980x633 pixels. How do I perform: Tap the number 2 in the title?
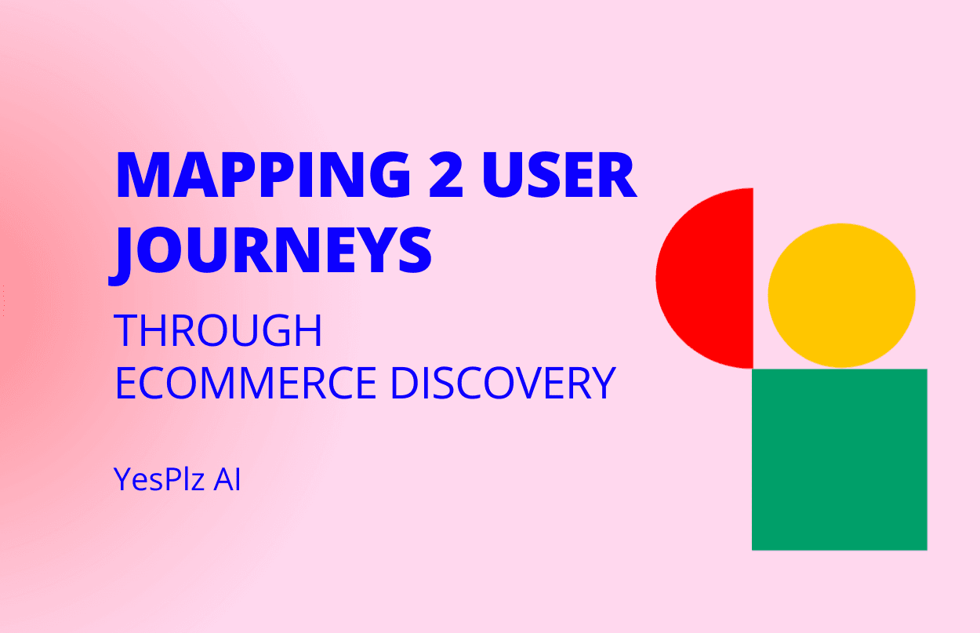tap(446, 175)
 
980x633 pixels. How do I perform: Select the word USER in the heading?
tap(559, 175)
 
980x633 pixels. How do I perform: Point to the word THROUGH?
tap(218, 331)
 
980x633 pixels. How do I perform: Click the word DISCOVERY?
tap(503, 383)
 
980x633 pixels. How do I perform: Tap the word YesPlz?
tap(159, 479)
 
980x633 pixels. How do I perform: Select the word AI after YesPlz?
tap(227, 479)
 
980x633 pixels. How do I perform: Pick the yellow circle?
tap(842, 296)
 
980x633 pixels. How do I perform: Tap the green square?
tap(840, 460)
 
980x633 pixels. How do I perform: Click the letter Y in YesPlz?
tap(124, 479)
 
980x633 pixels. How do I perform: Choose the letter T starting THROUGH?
tap(126, 331)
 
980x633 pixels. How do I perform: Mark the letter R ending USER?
tap(619, 175)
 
